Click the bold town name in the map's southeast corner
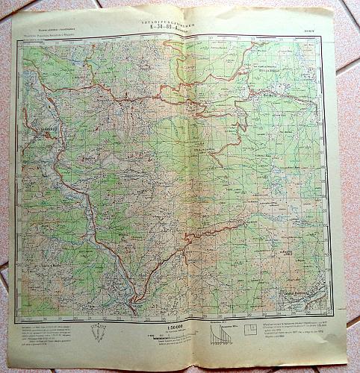tap(299, 294)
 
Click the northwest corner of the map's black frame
tap(21, 38)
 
